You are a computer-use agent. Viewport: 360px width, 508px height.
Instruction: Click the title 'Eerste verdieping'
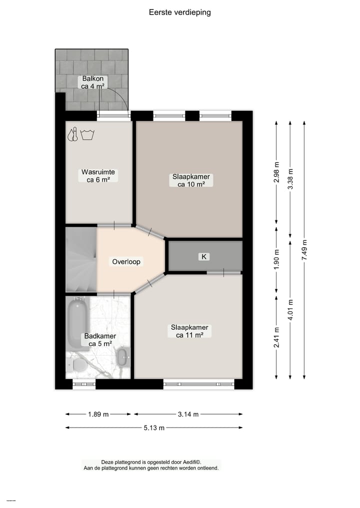point(180,12)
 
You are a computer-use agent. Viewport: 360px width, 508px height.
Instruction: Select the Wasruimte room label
point(98,176)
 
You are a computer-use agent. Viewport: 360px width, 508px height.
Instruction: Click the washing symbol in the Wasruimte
point(88,134)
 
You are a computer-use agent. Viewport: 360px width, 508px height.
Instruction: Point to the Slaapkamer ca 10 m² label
point(191,180)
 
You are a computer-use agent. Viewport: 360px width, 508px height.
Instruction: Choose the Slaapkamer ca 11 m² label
point(189,331)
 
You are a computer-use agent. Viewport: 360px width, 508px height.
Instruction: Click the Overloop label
point(126,261)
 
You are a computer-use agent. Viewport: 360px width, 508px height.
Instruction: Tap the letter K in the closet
point(203,257)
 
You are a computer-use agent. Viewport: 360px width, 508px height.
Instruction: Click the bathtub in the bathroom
point(77,322)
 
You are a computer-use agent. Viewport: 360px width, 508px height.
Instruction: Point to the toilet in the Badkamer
point(79,366)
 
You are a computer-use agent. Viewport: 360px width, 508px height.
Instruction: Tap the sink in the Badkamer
point(121,357)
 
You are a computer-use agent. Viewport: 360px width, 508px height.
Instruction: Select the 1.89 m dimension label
point(98,414)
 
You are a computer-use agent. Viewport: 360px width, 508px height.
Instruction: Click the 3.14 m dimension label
point(188,414)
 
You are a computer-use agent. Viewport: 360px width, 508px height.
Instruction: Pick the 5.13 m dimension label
point(154,428)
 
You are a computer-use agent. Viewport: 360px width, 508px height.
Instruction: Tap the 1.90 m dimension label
point(276,258)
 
